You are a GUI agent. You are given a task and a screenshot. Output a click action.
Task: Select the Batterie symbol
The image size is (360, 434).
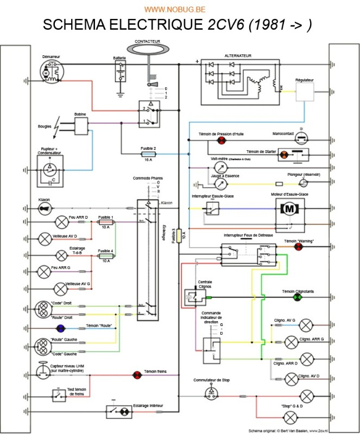click(119, 71)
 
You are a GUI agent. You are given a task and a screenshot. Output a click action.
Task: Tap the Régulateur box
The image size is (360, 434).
click(305, 95)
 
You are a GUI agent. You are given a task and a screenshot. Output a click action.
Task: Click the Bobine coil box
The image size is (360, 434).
click(83, 126)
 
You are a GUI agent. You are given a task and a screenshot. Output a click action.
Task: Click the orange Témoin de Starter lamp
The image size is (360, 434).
click(283, 154)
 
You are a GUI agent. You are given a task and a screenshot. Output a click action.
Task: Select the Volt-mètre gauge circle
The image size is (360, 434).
click(220, 165)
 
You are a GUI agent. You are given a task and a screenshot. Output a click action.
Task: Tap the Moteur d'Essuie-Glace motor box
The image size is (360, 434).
click(289, 209)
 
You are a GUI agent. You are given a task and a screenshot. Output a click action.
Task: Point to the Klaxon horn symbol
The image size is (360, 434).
click(43, 208)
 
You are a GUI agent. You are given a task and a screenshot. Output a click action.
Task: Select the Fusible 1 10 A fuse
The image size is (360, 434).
click(105, 222)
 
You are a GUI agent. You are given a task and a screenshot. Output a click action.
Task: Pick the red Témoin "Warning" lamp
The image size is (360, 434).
click(298, 247)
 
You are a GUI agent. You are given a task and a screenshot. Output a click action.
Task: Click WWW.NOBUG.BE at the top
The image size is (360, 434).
click(179, 9)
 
